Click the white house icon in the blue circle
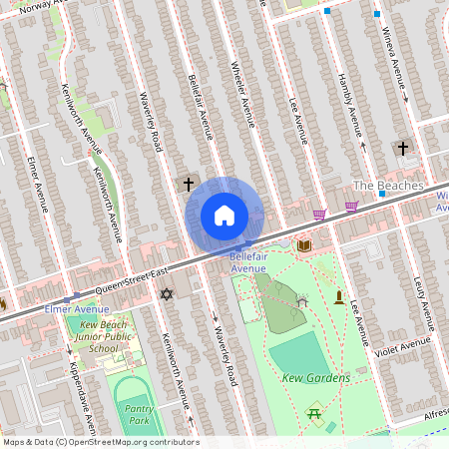(x=224, y=215)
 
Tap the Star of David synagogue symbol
(x=167, y=294)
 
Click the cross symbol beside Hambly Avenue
(x=403, y=149)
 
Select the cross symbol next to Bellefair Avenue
(x=188, y=185)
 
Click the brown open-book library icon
(x=304, y=244)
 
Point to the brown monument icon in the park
(x=339, y=297)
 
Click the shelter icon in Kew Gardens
(x=302, y=300)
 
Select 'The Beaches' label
(x=388, y=186)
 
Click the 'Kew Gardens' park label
(x=315, y=378)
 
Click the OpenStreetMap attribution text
(x=100, y=442)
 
